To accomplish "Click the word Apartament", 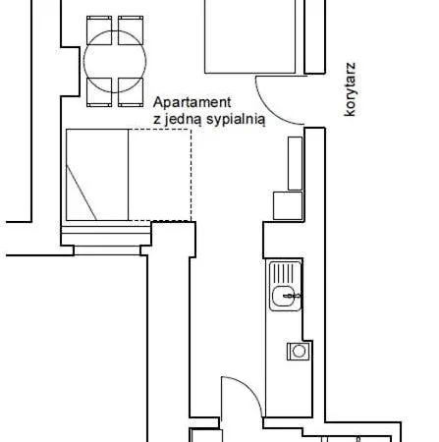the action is click(x=192, y=102).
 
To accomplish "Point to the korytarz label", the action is click(x=350, y=89).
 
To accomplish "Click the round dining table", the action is click(x=115, y=61).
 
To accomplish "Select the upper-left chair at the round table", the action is click(x=99, y=29).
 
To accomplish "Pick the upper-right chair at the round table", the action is click(x=131, y=29).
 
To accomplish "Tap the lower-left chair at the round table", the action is click(x=99, y=92).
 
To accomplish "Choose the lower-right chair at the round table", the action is click(x=131, y=92).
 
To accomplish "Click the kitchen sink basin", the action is click(x=283, y=297).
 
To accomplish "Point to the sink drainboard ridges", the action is click(x=284, y=273).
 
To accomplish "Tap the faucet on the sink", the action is click(x=293, y=297).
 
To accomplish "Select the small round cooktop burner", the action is click(x=299, y=351).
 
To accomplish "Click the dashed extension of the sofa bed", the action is click(x=160, y=175).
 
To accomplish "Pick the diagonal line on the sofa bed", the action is click(x=82, y=193).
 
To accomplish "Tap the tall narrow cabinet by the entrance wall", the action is click(x=295, y=163).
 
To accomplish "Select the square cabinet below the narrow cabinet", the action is click(x=288, y=205).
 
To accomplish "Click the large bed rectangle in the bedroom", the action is click(x=250, y=36).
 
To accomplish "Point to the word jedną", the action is click(x=183, y=120).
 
